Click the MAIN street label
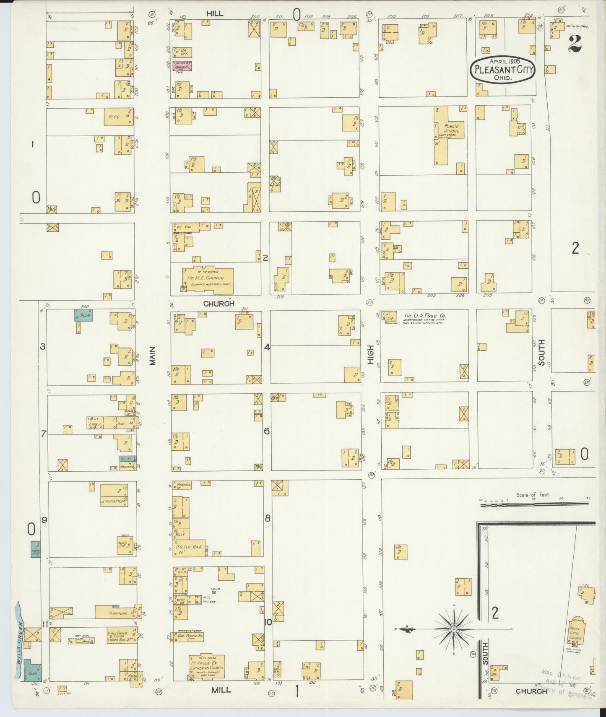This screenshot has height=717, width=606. pyautogui.click(x=153, y=356)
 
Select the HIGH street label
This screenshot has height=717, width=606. pyautogui.click(x=370, y=356)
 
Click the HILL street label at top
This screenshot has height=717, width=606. pyautogui.click(x=214, y=13)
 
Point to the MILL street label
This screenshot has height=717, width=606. pyautogui.click(x=221, y=690)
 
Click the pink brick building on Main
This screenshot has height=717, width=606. pyautogui.click(x=182, y=65)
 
